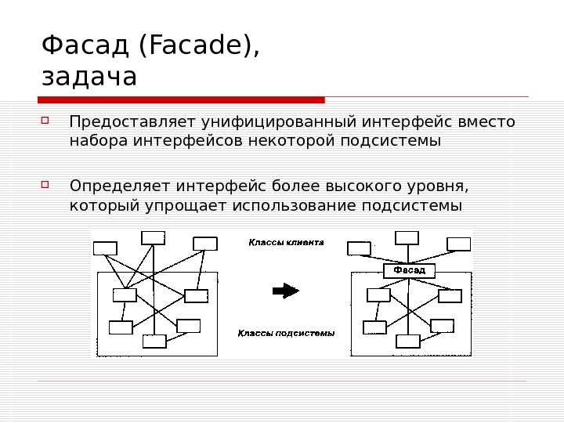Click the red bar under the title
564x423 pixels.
click(x=181, y=99)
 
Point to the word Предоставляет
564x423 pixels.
click(x=133, y=122)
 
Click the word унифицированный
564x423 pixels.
click(x=280, y=122)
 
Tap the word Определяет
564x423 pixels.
click(x=121, y=186)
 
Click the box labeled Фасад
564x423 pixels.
click(x=409, y=270)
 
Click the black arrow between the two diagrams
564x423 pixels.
click(x=285, y=291)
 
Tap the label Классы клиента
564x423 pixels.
click(x=286, y=243)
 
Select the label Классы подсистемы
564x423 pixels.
click(x=286, y=333)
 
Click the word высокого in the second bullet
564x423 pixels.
click(x=346, y=186)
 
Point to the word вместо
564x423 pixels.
click(x=493, y=122)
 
